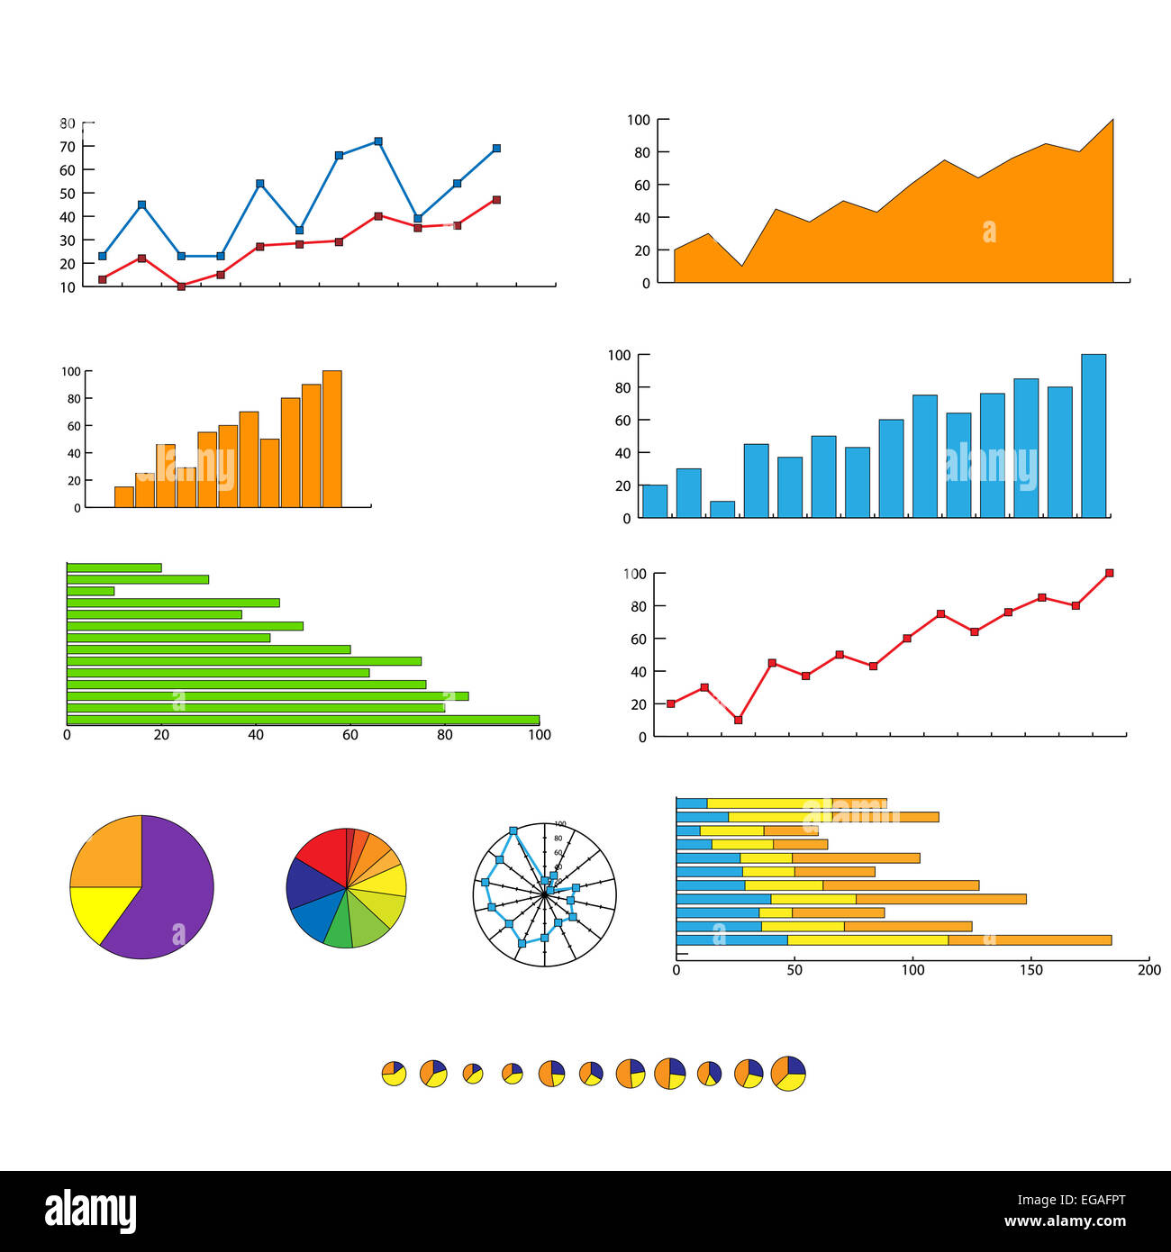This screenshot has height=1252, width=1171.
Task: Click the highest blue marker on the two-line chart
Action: click(x=378, y=141)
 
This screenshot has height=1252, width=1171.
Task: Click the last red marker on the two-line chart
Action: click(x=496, y=200)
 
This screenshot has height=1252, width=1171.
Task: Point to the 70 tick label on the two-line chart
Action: click(x=68, y=146)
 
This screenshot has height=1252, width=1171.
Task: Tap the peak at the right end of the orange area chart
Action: click(x=1112, y=121)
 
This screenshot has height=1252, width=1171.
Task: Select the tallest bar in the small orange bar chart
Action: click(x=331, y=439)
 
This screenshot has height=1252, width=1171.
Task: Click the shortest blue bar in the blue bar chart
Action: click(x=722, y=509)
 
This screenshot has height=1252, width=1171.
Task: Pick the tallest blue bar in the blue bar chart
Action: click(x=1093, y=436)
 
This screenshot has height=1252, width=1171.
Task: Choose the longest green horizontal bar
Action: click(x=303, y=720)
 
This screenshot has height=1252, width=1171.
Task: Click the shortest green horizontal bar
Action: click(x=90, y=591)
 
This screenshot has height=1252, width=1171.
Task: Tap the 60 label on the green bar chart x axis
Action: click(x=350, y=735)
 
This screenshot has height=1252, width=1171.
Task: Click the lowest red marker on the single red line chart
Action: click(x=739, y=720)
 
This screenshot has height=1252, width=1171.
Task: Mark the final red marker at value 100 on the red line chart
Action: click(x=1109, y=573)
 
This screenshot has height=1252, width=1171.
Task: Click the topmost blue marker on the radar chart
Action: click(x=513, y=830)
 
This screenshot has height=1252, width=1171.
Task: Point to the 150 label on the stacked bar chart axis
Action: click(x=1031, y=970)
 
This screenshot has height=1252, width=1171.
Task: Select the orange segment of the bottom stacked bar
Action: click(x=1029, y=939)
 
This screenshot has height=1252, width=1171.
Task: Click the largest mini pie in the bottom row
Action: click(x=788, y=1073)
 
